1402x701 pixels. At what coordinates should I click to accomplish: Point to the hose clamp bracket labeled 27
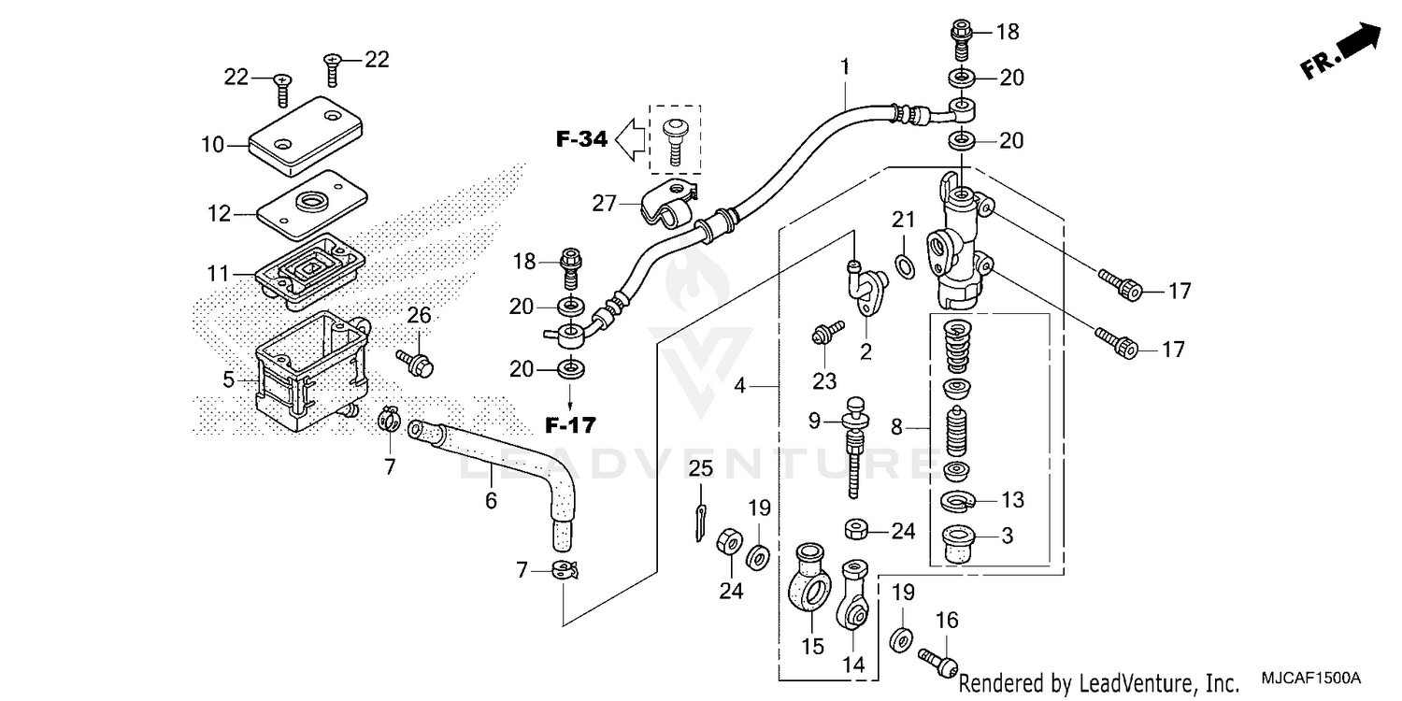click(665, 210)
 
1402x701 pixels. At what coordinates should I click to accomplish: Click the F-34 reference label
click(581, 140)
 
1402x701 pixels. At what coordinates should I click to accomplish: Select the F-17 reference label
click(570, 426)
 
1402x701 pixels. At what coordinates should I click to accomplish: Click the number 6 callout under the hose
click(491, 501)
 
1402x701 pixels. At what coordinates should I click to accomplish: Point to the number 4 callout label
click(739, 384)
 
